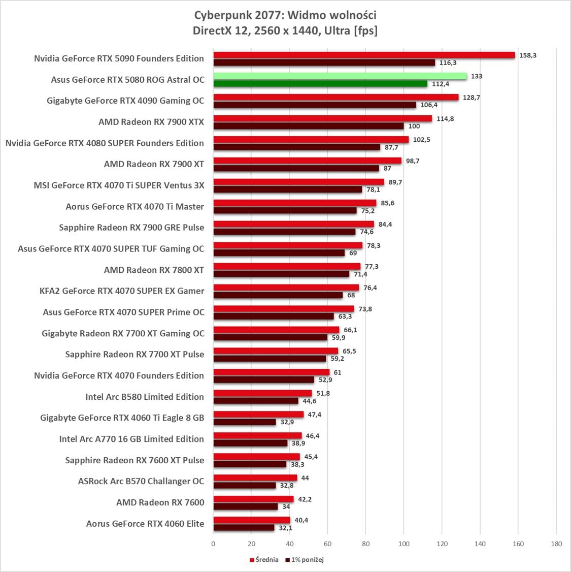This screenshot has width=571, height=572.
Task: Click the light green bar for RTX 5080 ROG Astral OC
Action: pyautogui.click(x=340, y=76)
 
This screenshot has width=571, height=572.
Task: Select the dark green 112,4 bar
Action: pyautogui.click(x=320, y=84)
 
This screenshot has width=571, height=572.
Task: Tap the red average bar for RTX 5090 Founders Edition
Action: pyautogui.click(x=364, y=55)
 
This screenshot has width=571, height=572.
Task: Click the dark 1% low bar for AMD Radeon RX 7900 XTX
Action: pyautogui.click(x=309, y=126)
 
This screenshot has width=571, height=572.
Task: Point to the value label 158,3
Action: pyautogui.click(x=528, y=55)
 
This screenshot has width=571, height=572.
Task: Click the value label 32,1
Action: pyautogui.click(x=286, y=528)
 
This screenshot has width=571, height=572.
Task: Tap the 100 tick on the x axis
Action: pyautogui.click(x=404, y=544)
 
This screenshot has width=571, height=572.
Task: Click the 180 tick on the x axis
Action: pyautogui.click(x=556, y=544)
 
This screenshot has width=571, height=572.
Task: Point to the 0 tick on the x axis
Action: pyautogui.click(x=213, y=544)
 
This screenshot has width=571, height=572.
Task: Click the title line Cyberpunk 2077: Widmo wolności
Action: pyautogui.click(x=285, y=14)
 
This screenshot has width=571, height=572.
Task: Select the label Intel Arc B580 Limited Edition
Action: pyautogui.click(x=145, y=397)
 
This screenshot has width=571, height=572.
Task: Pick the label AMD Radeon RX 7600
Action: pyautogui.click(x=160, y=502)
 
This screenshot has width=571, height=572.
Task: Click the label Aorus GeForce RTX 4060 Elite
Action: pyautogui.click(x=145, y=524)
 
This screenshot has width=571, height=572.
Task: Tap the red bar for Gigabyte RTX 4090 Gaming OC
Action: pyautogui.click(x=336, y=97)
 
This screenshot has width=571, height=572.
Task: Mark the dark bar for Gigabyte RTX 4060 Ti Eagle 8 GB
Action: pyautogui.click(x=245, y=422)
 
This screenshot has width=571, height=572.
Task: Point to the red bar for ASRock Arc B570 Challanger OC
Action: pyautogui.click(x=255, y=478)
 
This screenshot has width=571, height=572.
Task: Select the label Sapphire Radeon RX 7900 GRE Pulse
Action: pyautogui.click(x=131, y=228)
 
